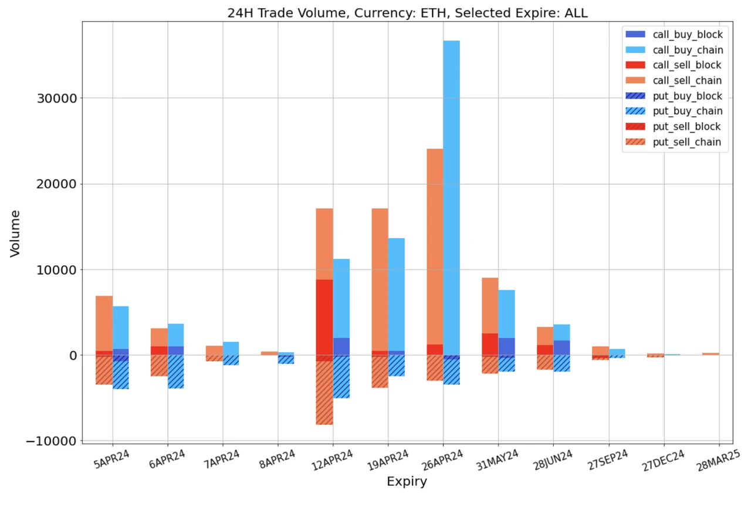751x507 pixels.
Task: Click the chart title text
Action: coord(407,13)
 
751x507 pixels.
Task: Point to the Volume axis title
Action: coord(15,233)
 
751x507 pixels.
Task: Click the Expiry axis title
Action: coord(407,482)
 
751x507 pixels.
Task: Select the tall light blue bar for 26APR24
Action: coord(451,194)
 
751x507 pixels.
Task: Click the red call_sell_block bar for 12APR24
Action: coord(324,317)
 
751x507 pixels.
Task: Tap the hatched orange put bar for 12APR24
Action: coord(324,393)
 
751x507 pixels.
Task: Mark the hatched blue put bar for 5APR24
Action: coord(120,376)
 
